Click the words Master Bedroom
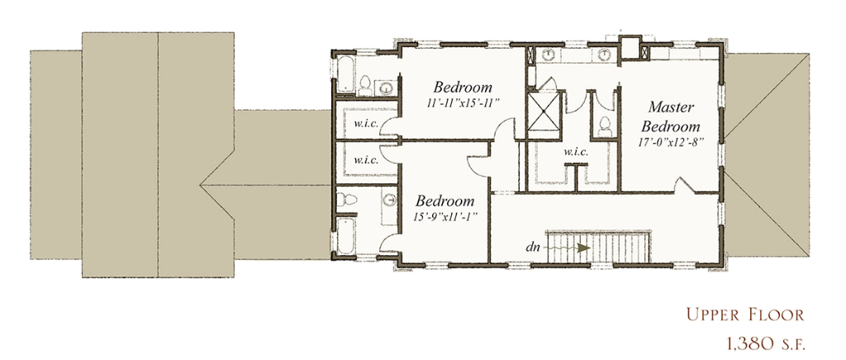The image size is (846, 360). click(x=671, y=117)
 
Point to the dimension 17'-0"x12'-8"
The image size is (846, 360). click(x=671, y=144)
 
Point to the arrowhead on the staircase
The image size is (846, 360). click(x=582, y=248)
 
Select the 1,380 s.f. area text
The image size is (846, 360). click(x=763, y=343)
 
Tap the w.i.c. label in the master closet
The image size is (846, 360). click(x=576, y=151)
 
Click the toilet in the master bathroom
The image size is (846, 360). click(x=604, y=127)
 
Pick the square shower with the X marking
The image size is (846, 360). click(x=544, y=111)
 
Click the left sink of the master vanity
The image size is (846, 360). click(x=549, y=54)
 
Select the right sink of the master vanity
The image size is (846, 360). click(x=604, y=54)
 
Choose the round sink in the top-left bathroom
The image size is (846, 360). click(x=387, y=88)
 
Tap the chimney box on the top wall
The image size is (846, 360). click(x=629, y=47)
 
